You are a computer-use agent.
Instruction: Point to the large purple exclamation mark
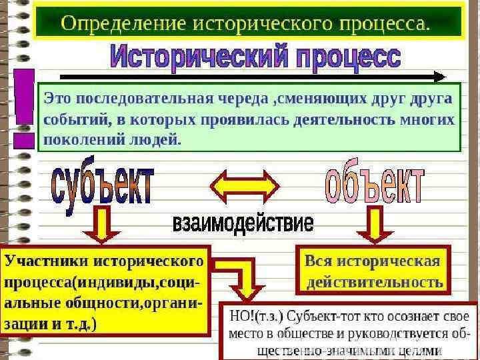(x=24, y=107)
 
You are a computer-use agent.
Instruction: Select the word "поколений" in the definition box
(x=73, y=141)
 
